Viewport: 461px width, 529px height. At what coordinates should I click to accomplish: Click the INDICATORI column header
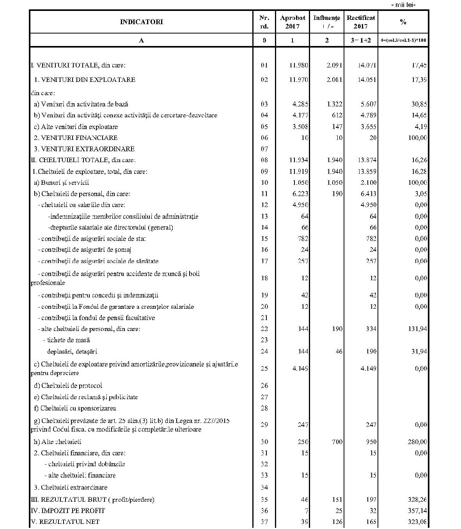[141, 22]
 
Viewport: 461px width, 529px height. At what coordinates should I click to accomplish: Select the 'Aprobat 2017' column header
[293, 22]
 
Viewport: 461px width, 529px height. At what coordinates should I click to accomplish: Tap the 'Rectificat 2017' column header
[361, 22]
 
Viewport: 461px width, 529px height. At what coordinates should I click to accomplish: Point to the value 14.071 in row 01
[367, 65]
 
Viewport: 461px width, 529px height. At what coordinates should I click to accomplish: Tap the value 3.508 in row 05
[300, 127]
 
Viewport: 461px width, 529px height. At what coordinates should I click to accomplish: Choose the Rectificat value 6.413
[369, 194]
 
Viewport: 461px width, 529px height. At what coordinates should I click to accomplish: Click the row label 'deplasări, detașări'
[72, 351]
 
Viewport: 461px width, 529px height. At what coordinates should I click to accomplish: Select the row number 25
[264, 368]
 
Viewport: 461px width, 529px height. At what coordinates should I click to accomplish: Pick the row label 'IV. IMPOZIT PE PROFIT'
[68, 510]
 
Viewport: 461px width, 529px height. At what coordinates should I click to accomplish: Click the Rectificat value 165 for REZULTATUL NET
[371, 522]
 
